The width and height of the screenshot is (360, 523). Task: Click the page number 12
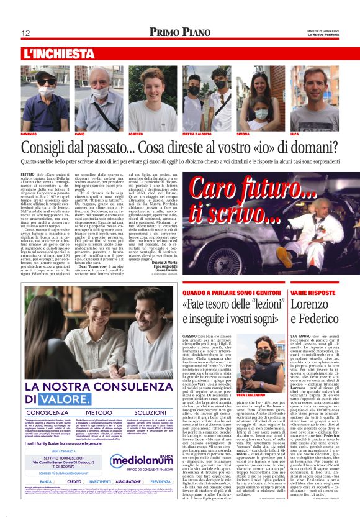[26, 33]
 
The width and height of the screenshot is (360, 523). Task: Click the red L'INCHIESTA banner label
[58, 54]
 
